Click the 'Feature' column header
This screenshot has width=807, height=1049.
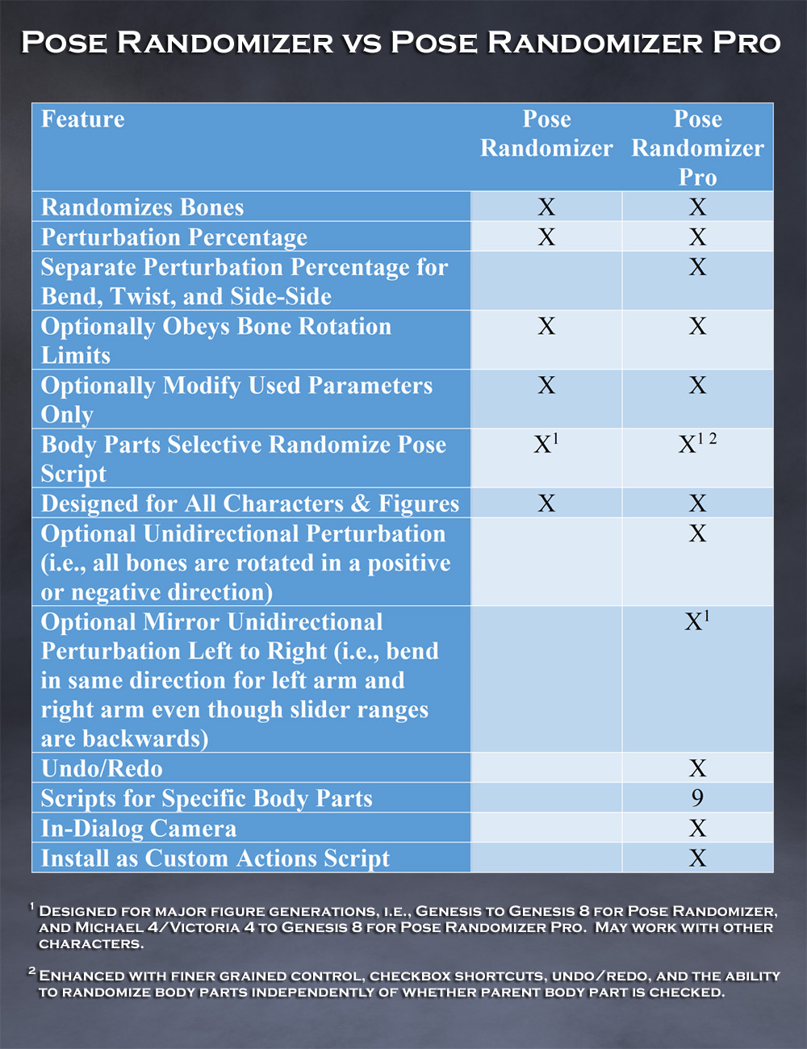(x=83, y=119)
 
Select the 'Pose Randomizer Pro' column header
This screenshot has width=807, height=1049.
(x=697, y=148)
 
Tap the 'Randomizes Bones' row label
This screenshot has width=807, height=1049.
(x=142, y=207)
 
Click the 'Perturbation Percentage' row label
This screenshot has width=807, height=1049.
(x=174, y=237)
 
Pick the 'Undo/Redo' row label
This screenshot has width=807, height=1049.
(x=102, y=768)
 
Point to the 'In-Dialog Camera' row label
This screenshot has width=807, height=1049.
(x=139, y=829)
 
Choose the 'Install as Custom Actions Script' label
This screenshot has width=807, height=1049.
(x=215, y=859)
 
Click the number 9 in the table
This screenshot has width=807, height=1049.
(x=697, y=798)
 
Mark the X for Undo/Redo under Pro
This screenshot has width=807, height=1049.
(x=697, y=768)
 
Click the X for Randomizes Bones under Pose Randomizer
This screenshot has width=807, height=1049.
(x=546, y=207)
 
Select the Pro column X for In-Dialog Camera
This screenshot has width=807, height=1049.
(x=697, y=829)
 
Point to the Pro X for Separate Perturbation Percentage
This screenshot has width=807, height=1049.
(x=697, y=267)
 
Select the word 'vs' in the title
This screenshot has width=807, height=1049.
(x=362, y=43)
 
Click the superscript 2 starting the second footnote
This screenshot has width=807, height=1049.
(x=32, y=971)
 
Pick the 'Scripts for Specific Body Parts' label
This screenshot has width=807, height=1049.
(x=207, y=799)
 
